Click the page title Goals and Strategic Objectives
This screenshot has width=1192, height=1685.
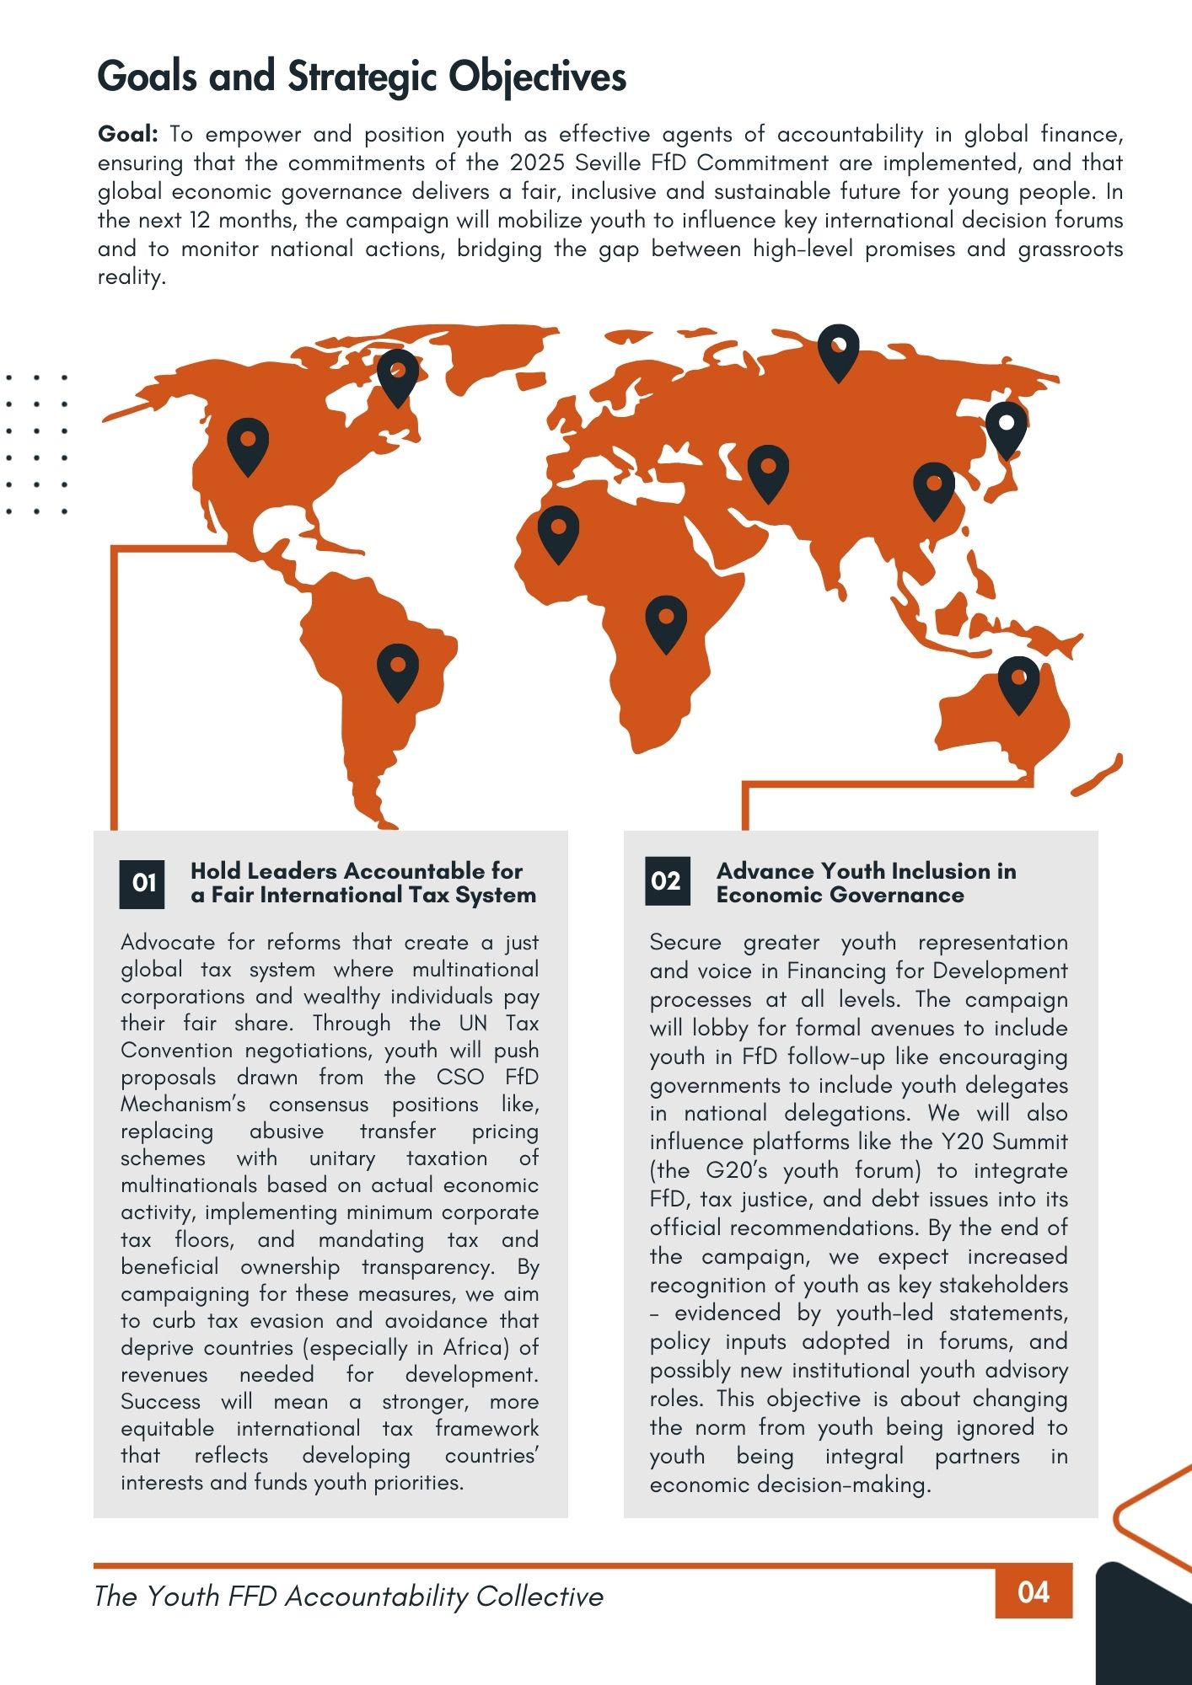pos(362,77)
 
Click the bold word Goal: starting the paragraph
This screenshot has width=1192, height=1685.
pos(128,134)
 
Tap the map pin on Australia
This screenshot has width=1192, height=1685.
pos(1018,682)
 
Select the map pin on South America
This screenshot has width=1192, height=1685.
pos(398,670)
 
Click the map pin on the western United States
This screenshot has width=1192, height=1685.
pos(248,444)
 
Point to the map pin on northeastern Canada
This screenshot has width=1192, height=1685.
pos(398,375)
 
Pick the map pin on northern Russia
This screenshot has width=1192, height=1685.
pos(839,350)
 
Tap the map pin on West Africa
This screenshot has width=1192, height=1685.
pos(558,532)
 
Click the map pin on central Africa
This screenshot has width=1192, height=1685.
pos(666,622)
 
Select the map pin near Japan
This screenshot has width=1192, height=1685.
pos(1006,427)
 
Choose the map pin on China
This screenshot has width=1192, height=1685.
pos(934,489)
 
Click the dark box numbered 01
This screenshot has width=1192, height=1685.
pos(142,883)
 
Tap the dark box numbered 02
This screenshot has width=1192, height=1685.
pos(667,881)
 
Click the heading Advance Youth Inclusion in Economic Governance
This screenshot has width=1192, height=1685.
pos(866,882)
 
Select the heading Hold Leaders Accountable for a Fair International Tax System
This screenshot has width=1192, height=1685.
pos(362,882)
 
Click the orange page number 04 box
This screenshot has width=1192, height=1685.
pos(1034,1591)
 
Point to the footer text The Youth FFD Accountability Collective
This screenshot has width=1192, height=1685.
pos(349,1596)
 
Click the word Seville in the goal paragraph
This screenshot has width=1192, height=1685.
pos(608,163)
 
